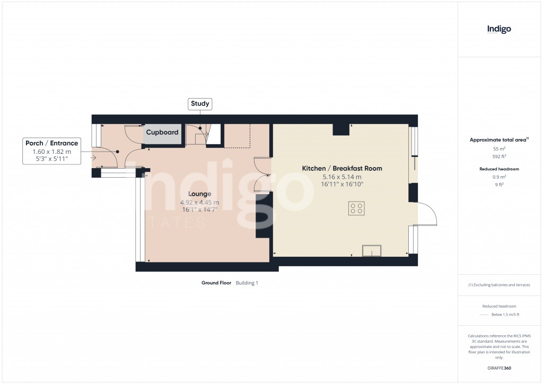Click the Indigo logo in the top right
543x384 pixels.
coord(499,29)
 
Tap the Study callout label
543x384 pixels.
coord(200,104)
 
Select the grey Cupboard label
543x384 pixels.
coord(162,133)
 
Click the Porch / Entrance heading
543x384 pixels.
coord(51,143)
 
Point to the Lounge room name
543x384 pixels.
coord(199,194)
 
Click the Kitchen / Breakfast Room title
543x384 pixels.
coord(341,169)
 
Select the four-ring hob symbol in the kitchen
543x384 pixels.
coord(357,208)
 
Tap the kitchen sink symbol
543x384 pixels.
coord(371,250)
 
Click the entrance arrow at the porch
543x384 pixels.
coord(94,158)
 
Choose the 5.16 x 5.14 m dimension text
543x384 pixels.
coord(341,177)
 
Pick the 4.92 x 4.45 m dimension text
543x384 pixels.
coord(199,202)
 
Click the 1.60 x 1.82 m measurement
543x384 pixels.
coord(51,152)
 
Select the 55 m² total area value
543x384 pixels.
coord(499,149)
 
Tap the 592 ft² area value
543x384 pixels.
coord(499,156)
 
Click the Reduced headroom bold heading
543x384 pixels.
coord(499,169)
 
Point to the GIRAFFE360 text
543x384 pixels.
coord(499,368)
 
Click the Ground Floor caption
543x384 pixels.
coord(216,283)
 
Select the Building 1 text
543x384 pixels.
coord(247,283)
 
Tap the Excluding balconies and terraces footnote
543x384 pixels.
coord(499,285)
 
